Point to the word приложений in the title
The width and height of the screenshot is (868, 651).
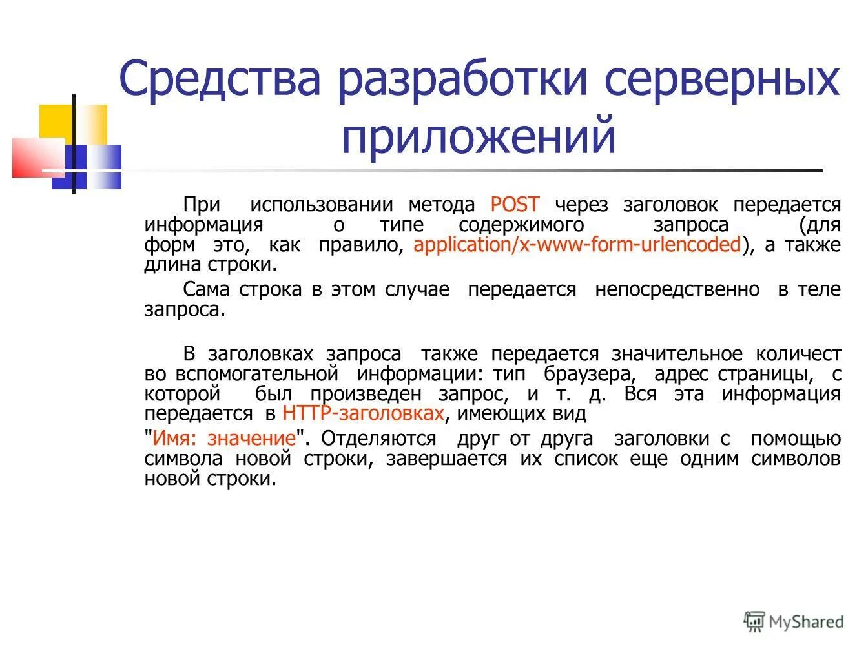tap(479, 136)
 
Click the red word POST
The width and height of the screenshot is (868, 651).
tap(515, 205)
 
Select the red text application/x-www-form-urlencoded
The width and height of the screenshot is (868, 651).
tap(577, 245)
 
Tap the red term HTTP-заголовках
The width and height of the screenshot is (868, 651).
tap(363, 413)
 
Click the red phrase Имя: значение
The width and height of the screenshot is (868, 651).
tap(224, 439)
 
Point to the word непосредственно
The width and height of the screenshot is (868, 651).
tap(677, 289)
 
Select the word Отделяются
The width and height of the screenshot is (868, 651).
tap(378, 439)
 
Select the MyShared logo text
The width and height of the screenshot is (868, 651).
tap(806, 621)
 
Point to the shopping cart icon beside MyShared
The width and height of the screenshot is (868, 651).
tap(754, 621)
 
